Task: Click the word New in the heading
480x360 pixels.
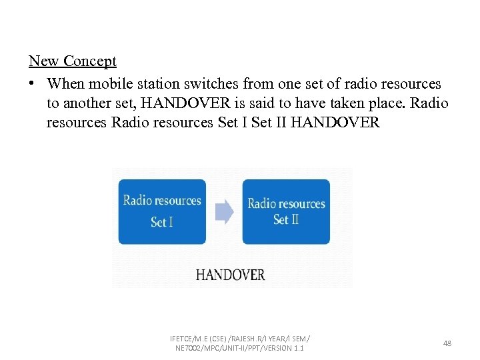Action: pos(42,61)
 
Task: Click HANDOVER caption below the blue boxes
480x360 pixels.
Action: pos(230,275)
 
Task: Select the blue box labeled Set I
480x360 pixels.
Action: pos(162,211)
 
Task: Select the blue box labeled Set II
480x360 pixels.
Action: pos(286,211)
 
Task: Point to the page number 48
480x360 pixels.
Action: pos(447,343)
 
